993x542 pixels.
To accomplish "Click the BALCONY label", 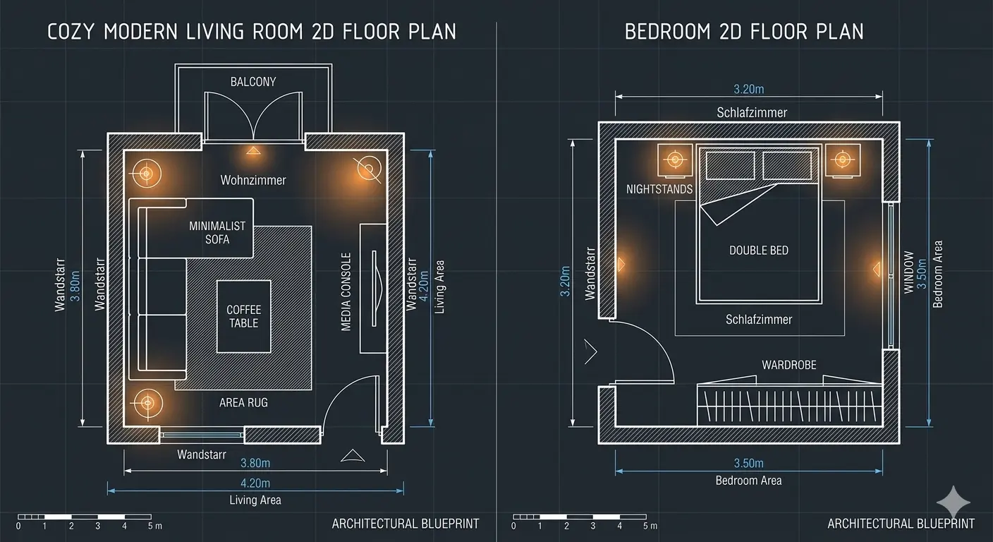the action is (x=253, y=82).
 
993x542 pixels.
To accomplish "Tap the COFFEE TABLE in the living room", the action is (x=244, y=316).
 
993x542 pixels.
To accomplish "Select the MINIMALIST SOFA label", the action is (x=217, y=232).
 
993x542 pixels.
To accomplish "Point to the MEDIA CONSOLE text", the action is (x=346, y=292).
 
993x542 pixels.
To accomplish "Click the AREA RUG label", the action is (x=243, y=402).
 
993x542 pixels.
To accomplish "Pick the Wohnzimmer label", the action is (x=253, y=180).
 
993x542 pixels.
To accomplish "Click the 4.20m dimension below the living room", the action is (x=255, y=483).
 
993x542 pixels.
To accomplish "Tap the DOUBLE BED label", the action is (x=759, y=251).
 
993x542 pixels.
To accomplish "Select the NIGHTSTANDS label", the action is (x=659, y=189).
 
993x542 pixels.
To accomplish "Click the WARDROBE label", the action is (x=789, y=365).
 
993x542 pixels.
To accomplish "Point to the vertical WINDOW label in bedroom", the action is (x=909, y=272).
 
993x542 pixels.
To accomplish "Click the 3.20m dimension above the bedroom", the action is (x=749, y=89).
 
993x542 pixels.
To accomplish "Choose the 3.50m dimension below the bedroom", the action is (x=749, y=464).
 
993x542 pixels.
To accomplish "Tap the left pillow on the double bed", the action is (x=730, y=165).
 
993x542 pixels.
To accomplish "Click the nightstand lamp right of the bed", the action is (x=843, y=159).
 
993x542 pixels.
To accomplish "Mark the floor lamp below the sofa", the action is (x=147, y=403).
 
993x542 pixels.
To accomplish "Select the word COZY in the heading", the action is (x=71, y=32).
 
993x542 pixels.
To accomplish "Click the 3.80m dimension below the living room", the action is (x=255, y=463).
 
